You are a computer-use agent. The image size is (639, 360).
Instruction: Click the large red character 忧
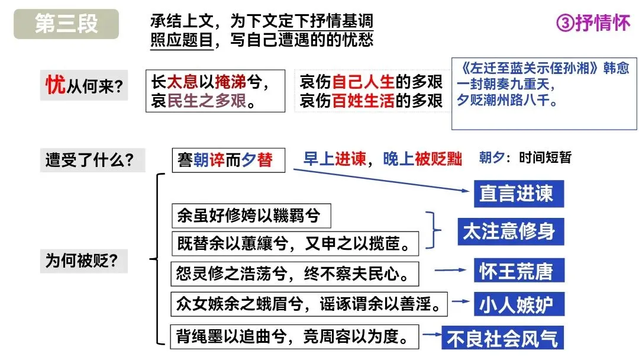55,85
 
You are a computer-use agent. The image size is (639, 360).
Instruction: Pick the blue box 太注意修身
508,232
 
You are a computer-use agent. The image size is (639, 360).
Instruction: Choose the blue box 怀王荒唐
516,271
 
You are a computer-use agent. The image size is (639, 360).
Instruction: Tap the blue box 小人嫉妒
516,304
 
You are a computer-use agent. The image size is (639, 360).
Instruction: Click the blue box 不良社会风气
502,338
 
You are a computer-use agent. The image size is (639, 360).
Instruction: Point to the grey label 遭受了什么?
89,160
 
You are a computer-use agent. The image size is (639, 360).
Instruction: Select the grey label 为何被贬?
82,260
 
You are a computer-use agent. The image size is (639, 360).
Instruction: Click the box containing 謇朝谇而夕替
228,160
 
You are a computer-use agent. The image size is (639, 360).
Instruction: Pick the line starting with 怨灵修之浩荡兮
294,274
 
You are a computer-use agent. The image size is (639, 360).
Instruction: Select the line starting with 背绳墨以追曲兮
294,337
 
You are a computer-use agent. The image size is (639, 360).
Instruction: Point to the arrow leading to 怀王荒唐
451,271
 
